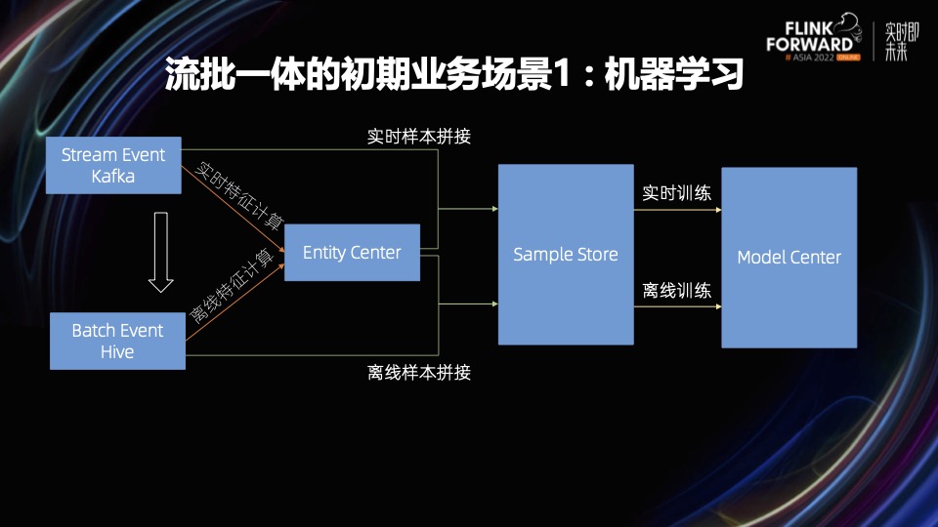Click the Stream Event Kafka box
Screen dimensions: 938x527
(114, 165)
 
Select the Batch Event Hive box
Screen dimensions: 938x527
(117, 341)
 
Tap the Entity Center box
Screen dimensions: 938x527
(352, 253)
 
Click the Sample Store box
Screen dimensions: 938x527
(566, 255)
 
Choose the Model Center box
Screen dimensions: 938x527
(789, 258)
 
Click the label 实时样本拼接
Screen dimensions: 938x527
(419, 137)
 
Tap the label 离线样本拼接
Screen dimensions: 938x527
(419, 372)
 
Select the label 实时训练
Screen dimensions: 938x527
(676, 192)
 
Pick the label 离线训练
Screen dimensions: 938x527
(676, 290)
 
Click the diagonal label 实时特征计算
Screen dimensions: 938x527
(234, 196)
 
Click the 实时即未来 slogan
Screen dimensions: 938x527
(901, 40)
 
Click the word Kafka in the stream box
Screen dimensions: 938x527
(113, 177)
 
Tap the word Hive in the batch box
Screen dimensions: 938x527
(117, 352)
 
